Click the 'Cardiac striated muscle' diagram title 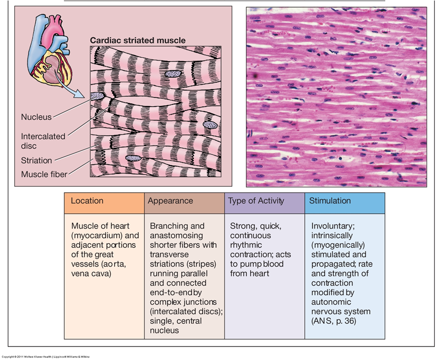coord(138,40)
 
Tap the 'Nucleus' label coord(36,117)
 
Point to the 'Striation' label coord(36,161)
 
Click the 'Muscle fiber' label coord(44,174)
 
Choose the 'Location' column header coord(87,201)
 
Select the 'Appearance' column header coord(170,201)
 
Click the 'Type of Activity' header coord(256,201)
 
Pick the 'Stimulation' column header coord(330,201)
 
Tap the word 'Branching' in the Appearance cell coord(169,226)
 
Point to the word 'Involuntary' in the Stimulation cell coord(333,226)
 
